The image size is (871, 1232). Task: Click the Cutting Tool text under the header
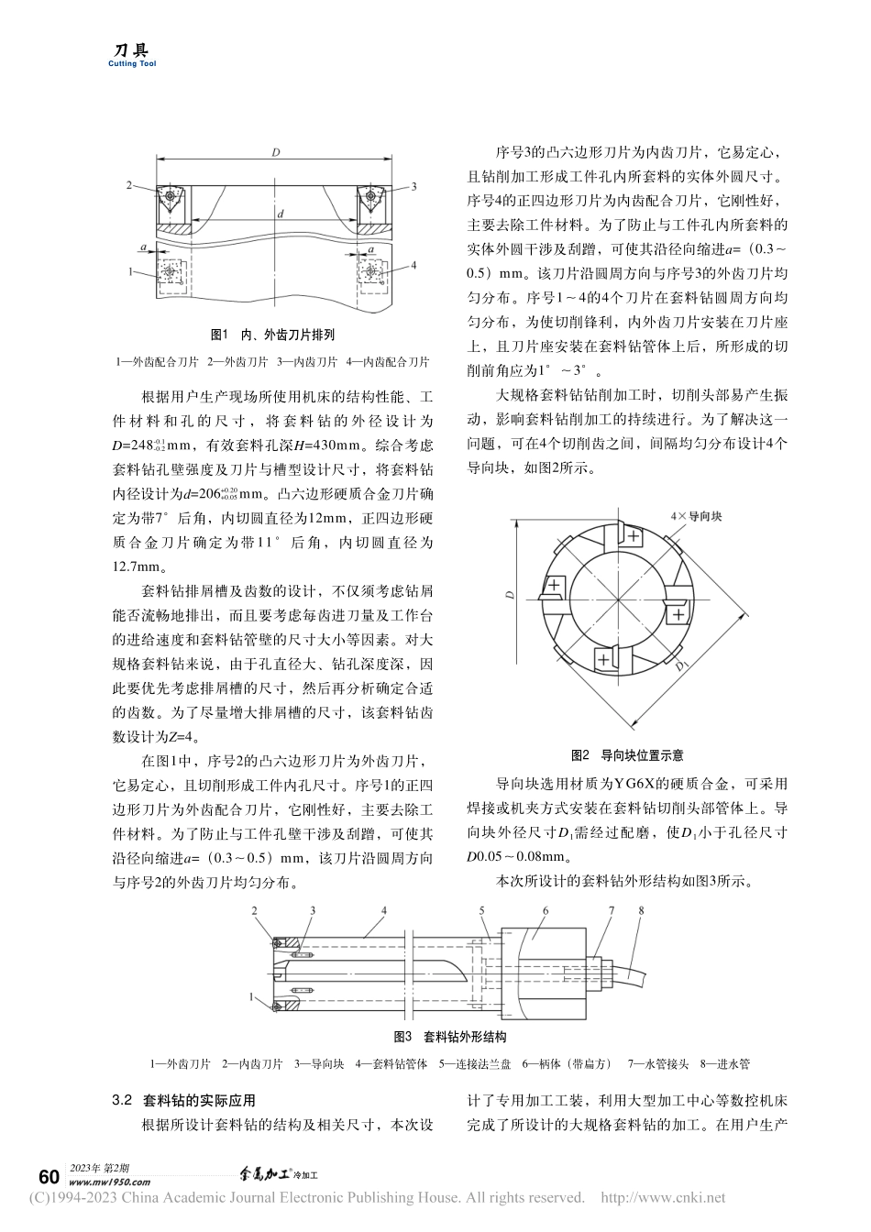click(x=132, y=64)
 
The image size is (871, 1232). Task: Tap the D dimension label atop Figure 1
click(x=275, y=152)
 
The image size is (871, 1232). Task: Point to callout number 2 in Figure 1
click(x=129, y=184)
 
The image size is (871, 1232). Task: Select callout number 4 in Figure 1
click(x=414, y=265)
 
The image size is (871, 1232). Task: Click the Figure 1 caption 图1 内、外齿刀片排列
click(x=272, y=335)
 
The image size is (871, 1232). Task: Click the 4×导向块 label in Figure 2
click(x=697, y=516)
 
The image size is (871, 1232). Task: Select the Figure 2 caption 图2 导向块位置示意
click(x=627, y=755)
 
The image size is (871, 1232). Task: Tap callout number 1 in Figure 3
click(x=250, y=995)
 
